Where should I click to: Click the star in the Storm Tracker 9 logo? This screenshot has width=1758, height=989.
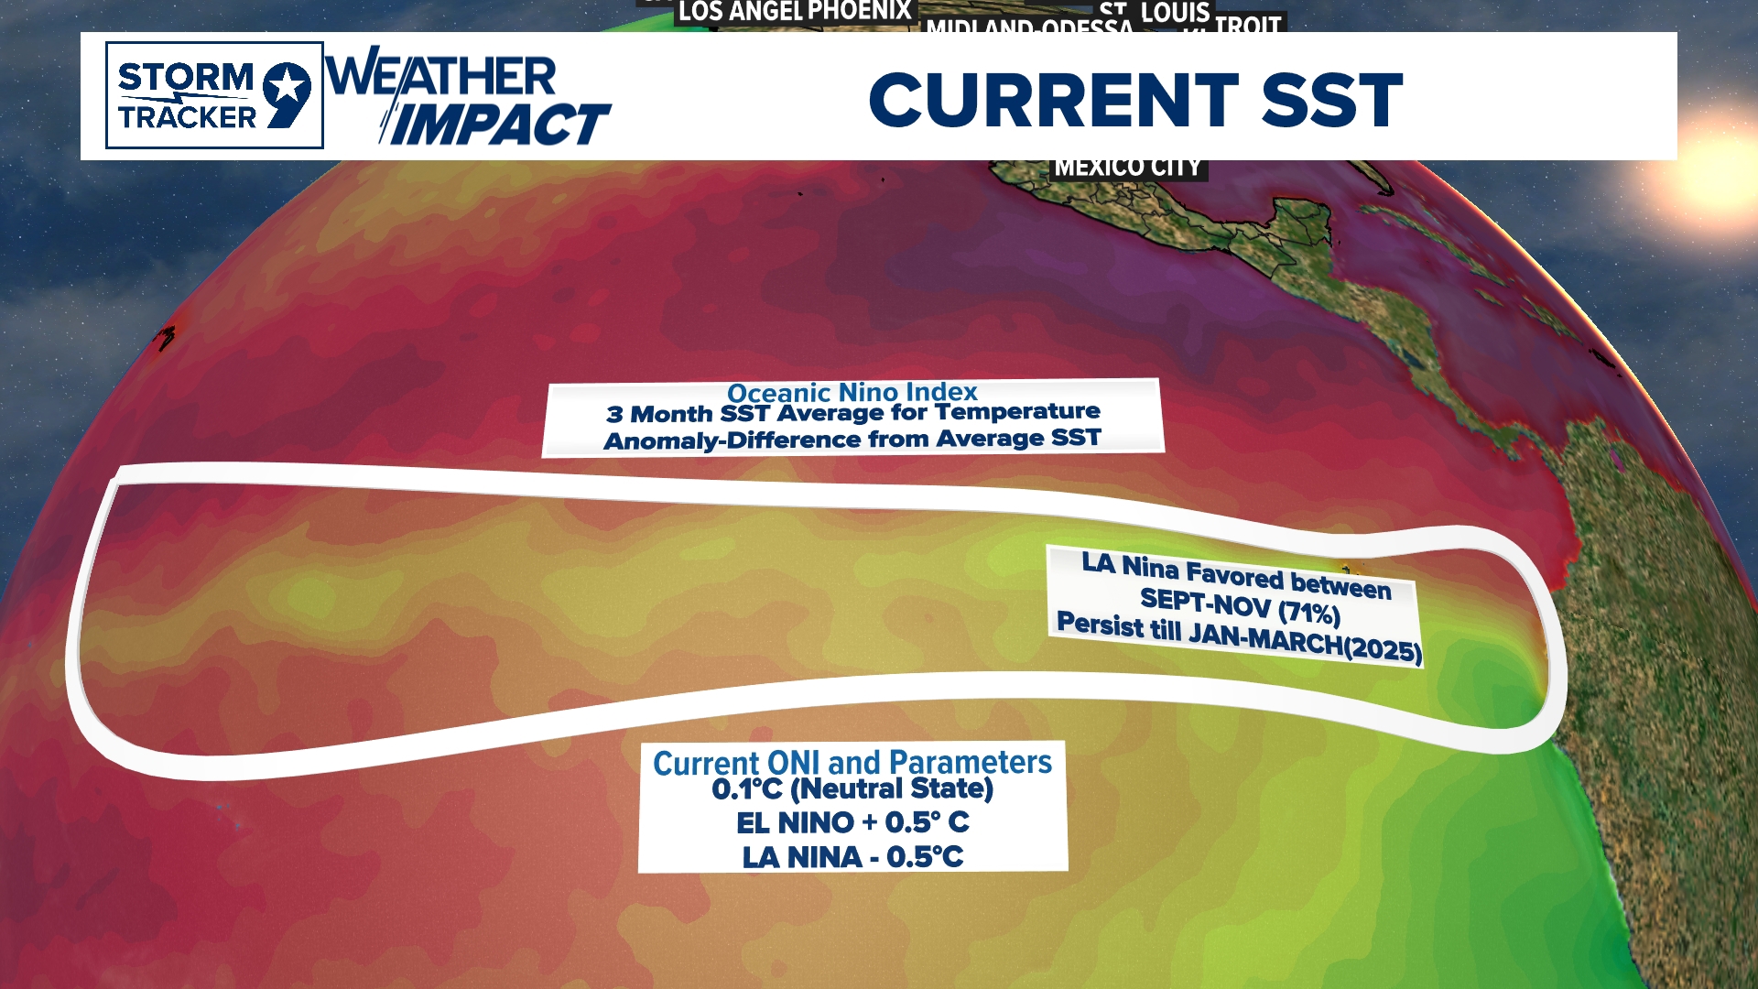pyautogui.click(x=288, y=88)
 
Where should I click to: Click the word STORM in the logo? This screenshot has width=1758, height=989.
pyautogui.click(x=185, y=78)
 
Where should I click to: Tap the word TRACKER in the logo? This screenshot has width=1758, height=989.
pyautogui.click(x=188, y=117)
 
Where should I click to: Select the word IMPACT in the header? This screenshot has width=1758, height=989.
pyautogui.click(x=500, y=124)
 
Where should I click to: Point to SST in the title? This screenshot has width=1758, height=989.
pyautogui.click(x=1332, y=100)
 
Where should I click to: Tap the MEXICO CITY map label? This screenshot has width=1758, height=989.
pyautogui.click(x=1127, y=168)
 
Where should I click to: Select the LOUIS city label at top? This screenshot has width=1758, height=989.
pyautogui.click(x=1176, y=14)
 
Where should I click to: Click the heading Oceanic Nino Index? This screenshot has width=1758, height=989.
pyautogui.click(x=852, y=393)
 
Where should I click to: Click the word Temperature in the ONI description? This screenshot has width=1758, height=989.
pyautogui.click(x=1016, y=412)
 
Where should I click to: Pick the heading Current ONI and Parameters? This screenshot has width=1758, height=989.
pyautogui.click(x=852, y=762)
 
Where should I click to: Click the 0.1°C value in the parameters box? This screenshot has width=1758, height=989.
pyautogui.click(x=747, y=789)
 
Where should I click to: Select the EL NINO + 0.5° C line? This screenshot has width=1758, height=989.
pyautogui.click(x=852, y=822)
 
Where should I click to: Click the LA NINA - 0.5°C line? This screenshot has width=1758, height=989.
pyautogui.click(x=852, y=857)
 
